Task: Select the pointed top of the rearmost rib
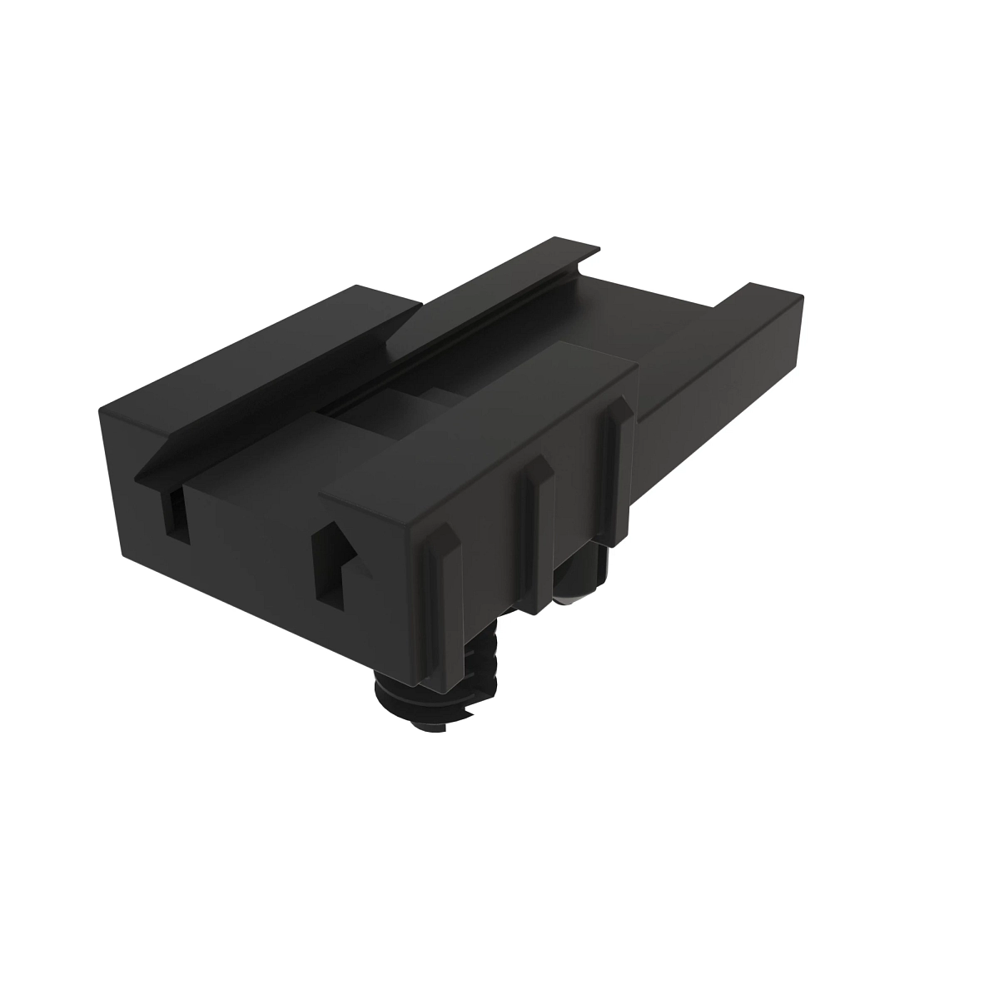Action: click(618, 402)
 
